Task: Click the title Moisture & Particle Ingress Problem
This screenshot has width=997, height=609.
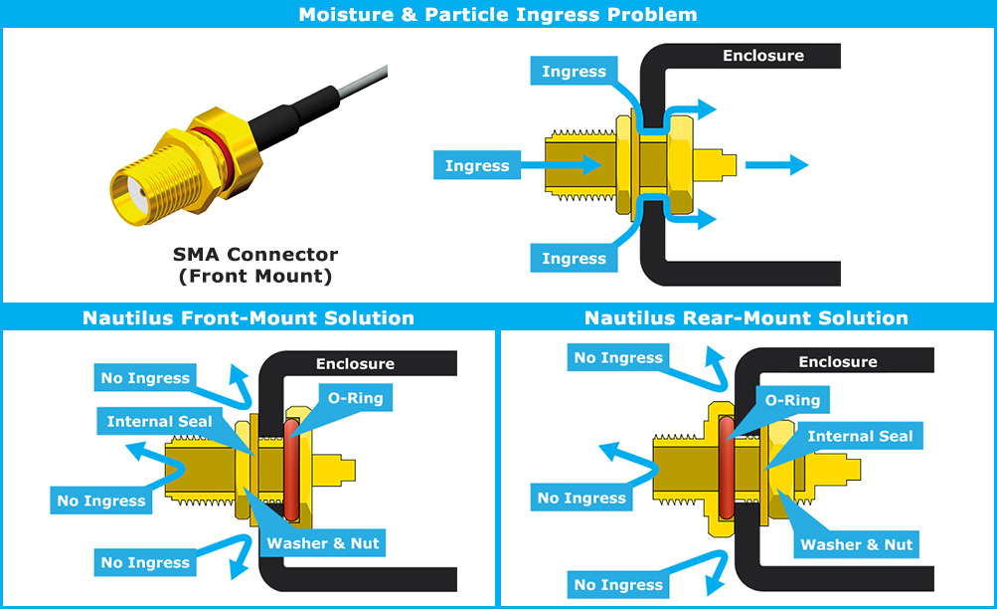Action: (498, 14)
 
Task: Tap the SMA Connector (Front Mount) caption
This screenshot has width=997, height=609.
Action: (255, 266)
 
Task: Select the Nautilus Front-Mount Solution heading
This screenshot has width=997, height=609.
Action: (248, 318)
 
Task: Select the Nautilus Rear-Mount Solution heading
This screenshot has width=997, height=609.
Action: (746, 318)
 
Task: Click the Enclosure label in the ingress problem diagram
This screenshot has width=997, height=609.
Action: (762, 56)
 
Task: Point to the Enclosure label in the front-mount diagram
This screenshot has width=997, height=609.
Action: (355, 364)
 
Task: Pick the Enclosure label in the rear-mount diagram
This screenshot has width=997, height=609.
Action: (837, 362)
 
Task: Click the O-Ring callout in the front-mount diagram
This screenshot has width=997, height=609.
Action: (355, 399)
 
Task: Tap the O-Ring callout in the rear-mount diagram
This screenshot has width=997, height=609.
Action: (792, 400)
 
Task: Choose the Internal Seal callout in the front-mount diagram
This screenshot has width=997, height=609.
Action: (160, 422)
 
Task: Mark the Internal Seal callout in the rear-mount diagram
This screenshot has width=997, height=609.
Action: (860, 436)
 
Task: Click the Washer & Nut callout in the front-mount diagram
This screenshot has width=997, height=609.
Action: (323, 543)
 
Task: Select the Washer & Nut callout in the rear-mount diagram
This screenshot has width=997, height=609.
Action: (857, 544)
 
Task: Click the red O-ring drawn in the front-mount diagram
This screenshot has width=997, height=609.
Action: (290, 468)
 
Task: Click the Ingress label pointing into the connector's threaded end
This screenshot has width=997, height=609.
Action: (477, 166)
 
